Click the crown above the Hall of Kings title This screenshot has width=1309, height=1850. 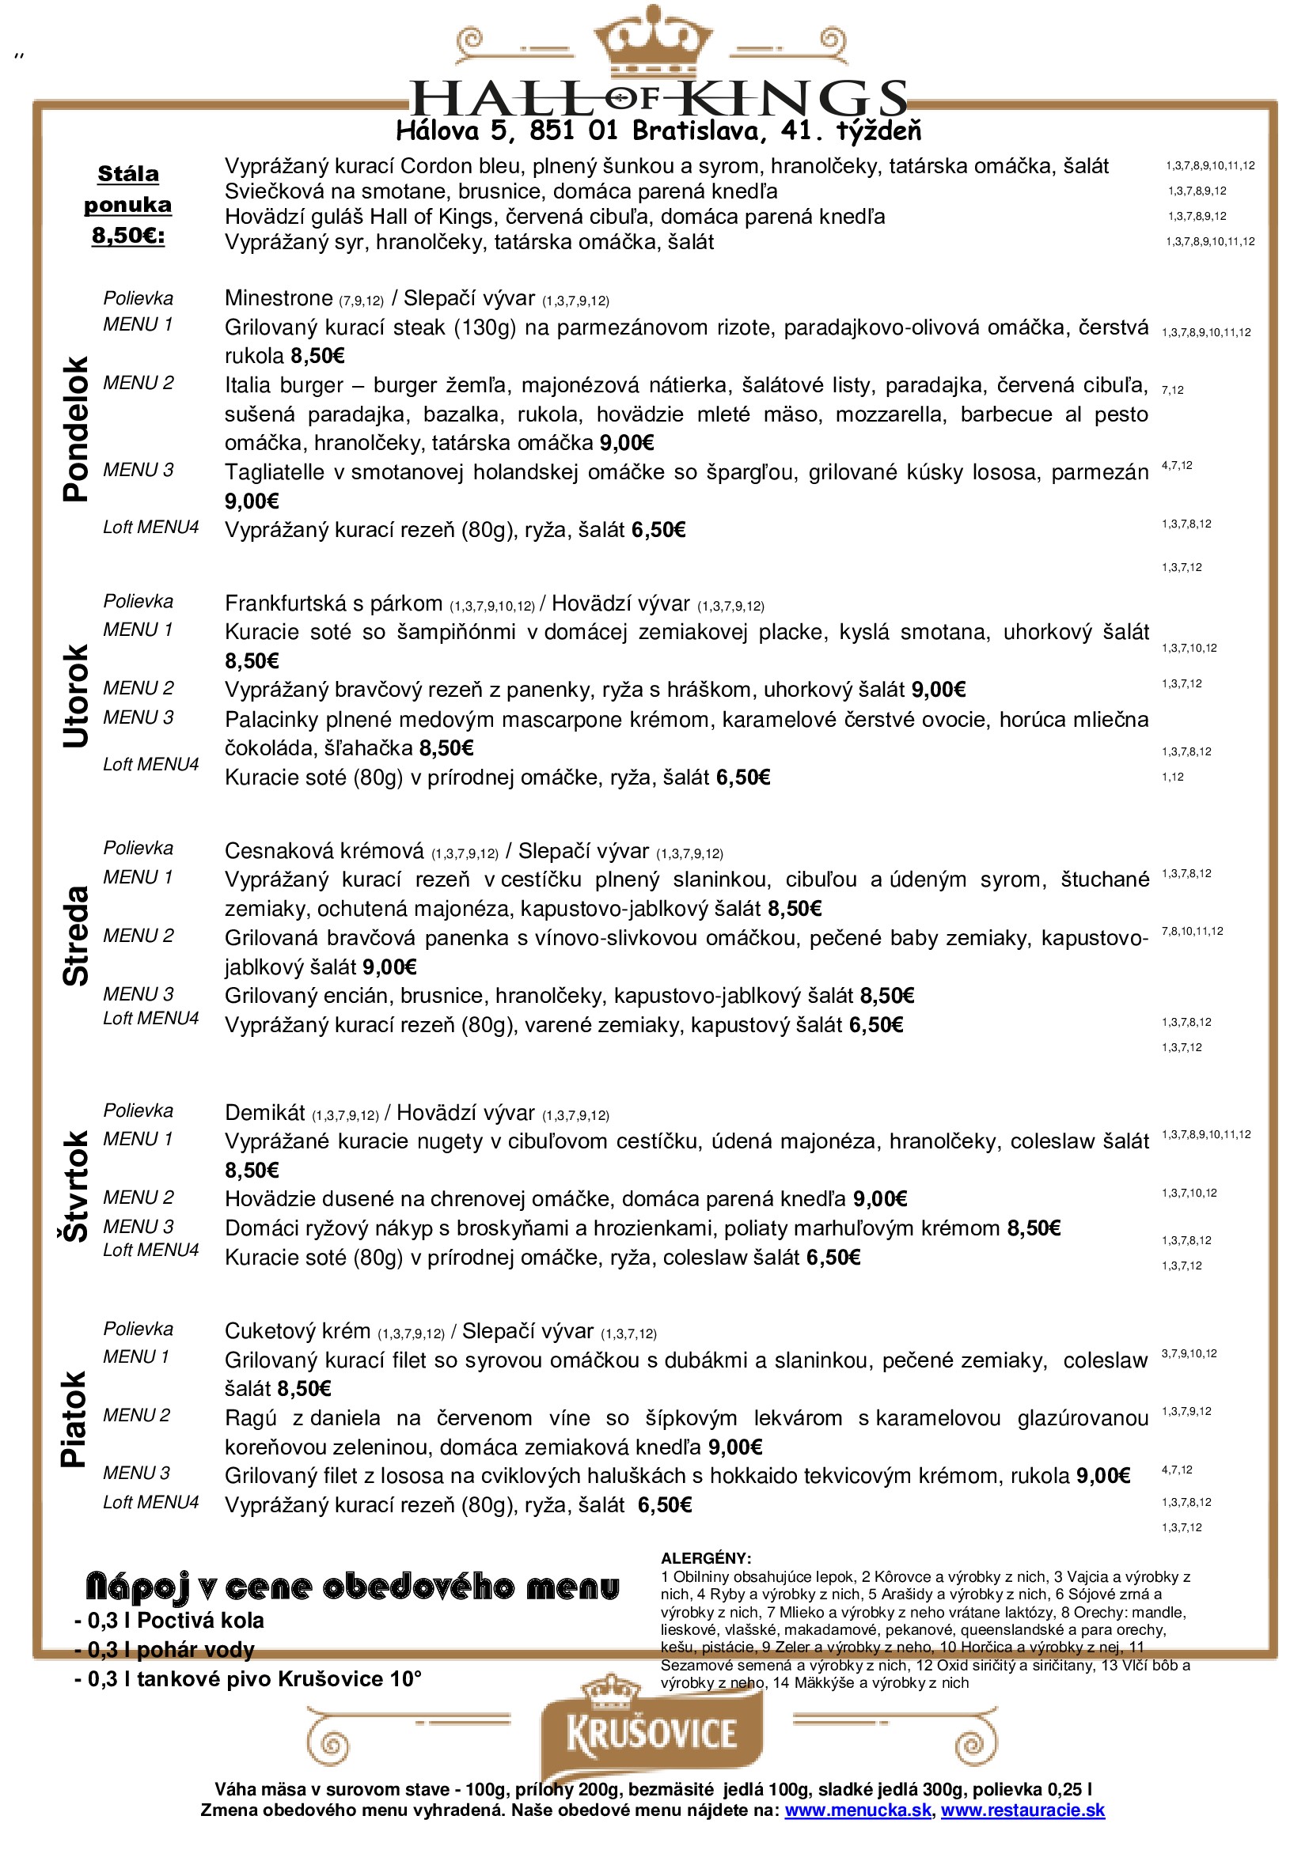click(x=653, y=40)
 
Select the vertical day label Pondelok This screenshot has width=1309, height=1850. click(x=75, y=429)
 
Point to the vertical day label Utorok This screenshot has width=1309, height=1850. click(x=75, y=696)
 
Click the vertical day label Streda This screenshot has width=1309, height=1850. click(x=75, y=936)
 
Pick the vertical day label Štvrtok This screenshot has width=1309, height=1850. click(x=75, y=1186)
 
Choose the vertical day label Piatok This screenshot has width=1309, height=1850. click(x=75, y=1419)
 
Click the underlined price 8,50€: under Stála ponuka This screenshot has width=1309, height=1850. click(x=128, y=235)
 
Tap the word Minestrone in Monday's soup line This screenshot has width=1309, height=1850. click(x=278, y=298)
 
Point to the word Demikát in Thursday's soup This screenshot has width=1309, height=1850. click(x=264, y=1113)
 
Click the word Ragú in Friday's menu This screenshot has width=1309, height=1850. click(x=251, y=1418)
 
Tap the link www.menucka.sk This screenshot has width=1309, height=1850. click(x=858, y=1810)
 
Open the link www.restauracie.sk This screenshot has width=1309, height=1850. click(x=1022, y=1810)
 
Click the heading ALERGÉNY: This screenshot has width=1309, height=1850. click(x=705, y=1558)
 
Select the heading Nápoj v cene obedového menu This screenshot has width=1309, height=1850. click(x=352, y=1587)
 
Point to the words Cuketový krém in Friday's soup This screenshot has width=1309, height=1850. click(x=298, y=1330)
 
